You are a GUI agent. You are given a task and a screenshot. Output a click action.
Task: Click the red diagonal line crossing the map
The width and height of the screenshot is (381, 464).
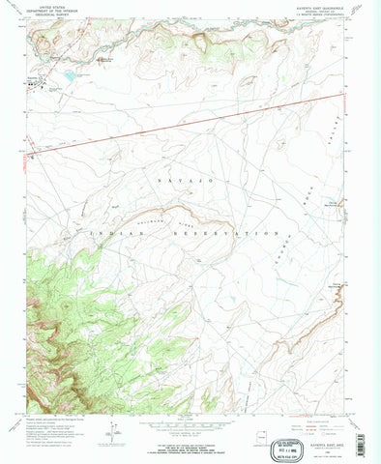tap(193, 120)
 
